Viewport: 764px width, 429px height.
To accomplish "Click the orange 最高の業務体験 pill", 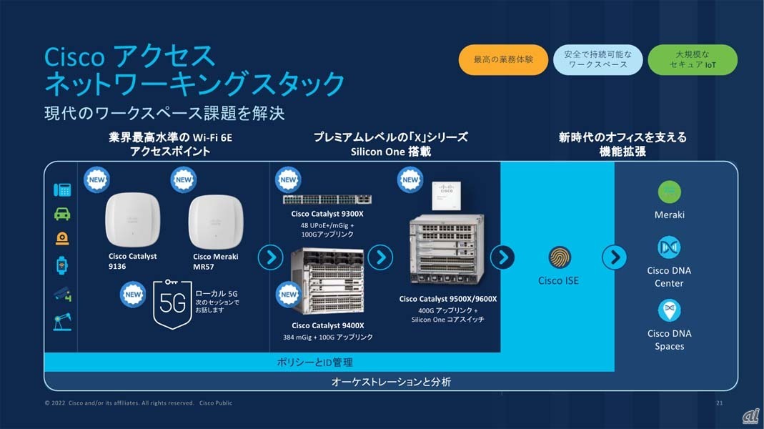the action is (503, 59).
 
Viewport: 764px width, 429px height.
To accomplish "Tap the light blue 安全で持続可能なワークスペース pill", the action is (598, 59).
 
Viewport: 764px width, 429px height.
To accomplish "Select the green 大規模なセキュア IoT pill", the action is (693, 59).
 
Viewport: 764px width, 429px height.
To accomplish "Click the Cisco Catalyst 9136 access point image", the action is (132, 220).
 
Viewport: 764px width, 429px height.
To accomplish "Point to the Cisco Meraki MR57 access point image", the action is (216, 222).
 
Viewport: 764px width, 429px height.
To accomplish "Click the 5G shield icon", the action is (172, 304).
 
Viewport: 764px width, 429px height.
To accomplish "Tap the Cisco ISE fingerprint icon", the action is (560, 257).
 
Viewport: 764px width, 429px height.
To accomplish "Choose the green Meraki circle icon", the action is (670, 192).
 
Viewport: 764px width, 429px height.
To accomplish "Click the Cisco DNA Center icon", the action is (669, 247).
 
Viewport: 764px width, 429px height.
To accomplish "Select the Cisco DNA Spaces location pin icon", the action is (670, 310).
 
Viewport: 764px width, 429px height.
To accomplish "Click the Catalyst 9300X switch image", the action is (327, 199).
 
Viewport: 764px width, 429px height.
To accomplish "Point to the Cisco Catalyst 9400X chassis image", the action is (327, 282).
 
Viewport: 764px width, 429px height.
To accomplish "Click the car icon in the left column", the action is (62, 214).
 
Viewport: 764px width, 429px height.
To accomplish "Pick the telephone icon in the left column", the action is (62, 189).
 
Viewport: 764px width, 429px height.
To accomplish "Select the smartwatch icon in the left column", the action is (62, 266).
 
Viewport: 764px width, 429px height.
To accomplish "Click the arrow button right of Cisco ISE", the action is (615, 257).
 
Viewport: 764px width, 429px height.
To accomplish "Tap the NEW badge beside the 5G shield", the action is (132, 295).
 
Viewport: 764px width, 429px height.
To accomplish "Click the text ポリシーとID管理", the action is (314, 363).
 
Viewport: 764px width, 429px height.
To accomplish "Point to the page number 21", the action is (719, 403).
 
